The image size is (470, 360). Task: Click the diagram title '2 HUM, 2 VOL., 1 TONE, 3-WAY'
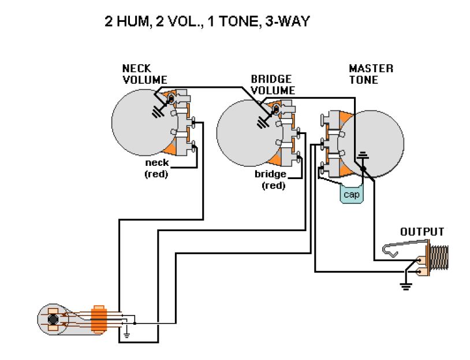tap(207, 22)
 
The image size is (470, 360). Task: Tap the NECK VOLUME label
tap(144, 75)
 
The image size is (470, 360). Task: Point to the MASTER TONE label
tap(371, 74)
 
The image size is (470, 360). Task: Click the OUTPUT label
tap(422, 232)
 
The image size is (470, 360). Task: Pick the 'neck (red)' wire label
tap(156, 168)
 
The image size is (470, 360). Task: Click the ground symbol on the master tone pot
tap(363, 154)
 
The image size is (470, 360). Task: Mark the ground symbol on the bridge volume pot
tap(265, 121)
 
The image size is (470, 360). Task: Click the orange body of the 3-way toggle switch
tap(99, 318)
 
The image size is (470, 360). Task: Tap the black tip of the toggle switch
tap(53, 319)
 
